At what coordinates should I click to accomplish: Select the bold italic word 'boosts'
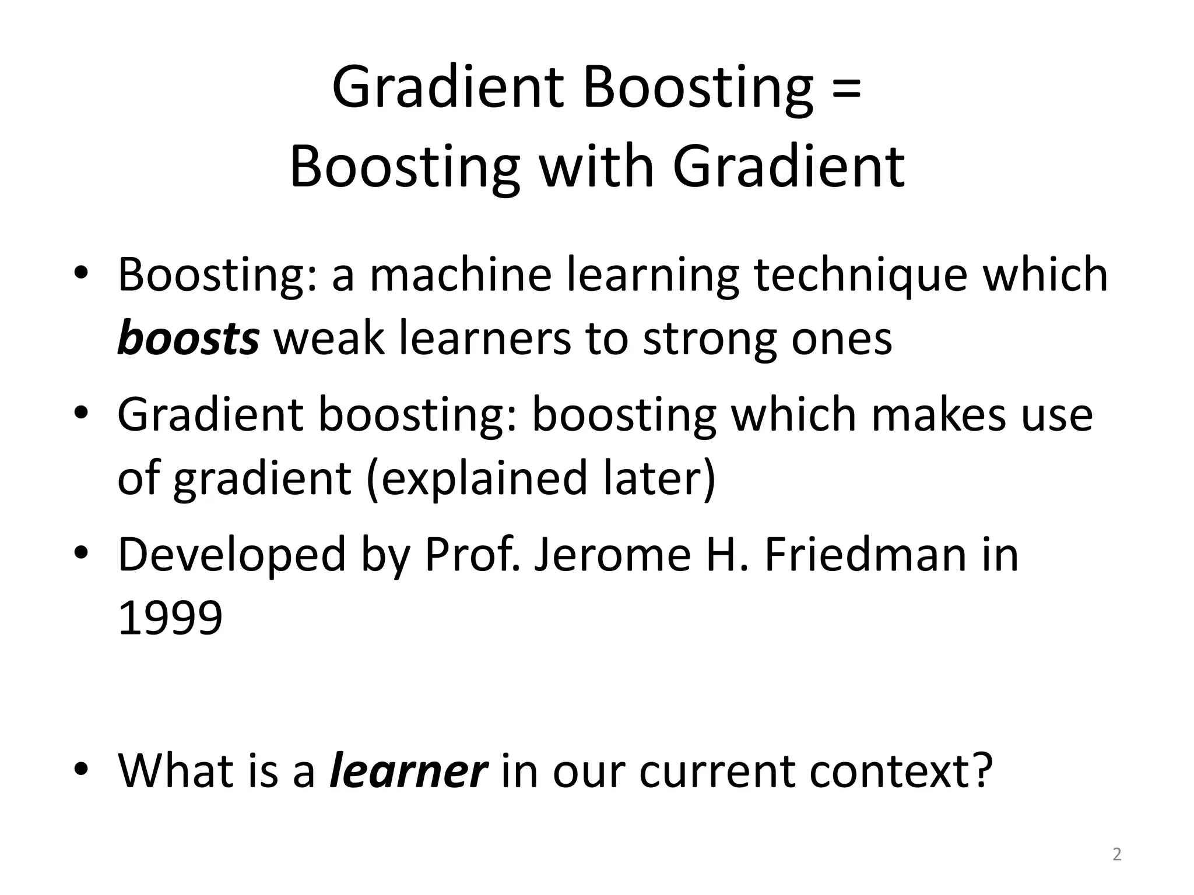tap(188, 339)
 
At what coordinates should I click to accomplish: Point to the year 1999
tap(170, 618)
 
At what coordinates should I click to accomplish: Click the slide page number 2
tap(1116, 855)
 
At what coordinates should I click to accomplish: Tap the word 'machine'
tap(461, 276)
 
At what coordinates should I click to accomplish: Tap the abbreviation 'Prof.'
tap(472, 555)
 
